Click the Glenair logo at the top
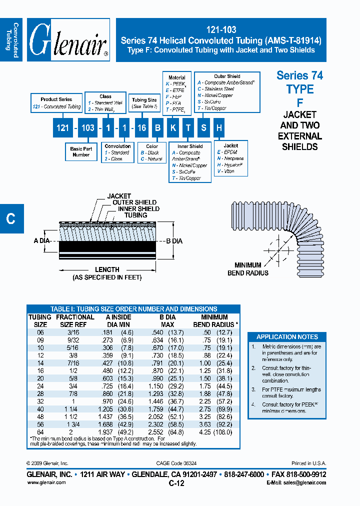click(68, 40)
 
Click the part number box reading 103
click(88, 128)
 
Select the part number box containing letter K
click(172, 128)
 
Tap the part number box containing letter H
click(218, 128)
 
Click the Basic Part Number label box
click(81, 151)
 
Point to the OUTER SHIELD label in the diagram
click(134, 202)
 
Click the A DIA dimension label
click(42, 240)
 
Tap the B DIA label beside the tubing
click(173, 241)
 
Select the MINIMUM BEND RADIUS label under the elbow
click(248, 269)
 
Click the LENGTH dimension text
click(107, 269)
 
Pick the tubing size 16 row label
click(39, 370)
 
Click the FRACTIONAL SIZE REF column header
click(75, 320)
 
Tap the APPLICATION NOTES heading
click(287, 336)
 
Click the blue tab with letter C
click(11, 218)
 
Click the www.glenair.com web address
click(46, 482)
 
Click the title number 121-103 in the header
click(221, 30)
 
